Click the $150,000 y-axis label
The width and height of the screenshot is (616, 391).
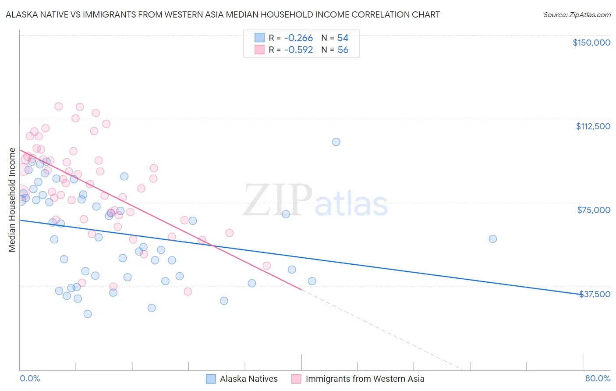591,43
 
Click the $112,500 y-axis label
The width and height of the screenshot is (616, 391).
593,126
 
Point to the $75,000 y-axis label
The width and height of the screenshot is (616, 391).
594,210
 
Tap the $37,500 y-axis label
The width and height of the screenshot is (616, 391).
595,294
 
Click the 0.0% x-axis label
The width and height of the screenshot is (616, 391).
30,378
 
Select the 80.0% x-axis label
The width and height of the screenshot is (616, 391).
598,378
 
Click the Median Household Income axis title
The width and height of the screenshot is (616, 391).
12,200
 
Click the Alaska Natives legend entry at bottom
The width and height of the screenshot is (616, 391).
248,379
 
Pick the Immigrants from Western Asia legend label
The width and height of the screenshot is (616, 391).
365,379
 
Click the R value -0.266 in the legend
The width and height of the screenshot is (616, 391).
298,38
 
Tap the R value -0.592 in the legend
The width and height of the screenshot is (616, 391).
298,50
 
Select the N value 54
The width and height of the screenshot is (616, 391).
343,38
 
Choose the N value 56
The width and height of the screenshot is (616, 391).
343,50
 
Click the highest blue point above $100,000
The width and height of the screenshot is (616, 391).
336,142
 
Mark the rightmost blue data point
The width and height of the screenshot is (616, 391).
493,239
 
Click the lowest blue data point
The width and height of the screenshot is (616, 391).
88,314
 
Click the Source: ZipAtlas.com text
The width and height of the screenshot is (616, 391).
577,15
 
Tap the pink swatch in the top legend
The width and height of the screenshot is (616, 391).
260,50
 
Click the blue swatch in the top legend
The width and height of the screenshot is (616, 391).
260,38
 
